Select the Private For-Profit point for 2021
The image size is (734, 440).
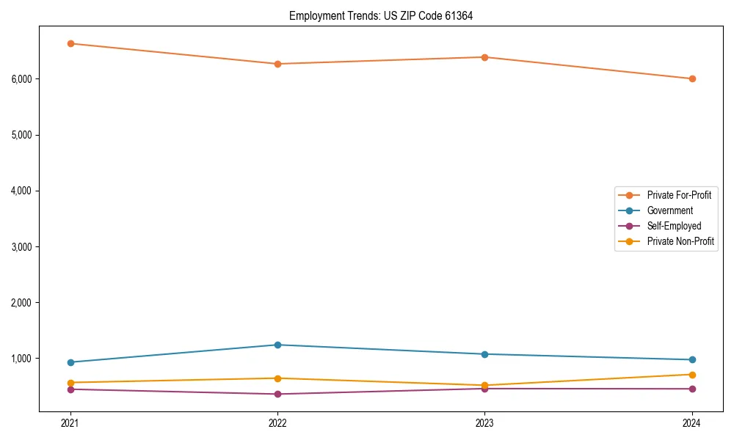70,43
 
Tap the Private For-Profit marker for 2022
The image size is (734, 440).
277,64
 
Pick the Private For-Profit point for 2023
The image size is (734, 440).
485,57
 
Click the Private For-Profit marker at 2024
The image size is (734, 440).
692,78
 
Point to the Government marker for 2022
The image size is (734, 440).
277,345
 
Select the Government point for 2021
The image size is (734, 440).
70,362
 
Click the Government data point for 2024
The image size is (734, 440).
692,359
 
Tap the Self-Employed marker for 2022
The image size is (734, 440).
277,394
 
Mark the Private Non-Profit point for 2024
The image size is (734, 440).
692,375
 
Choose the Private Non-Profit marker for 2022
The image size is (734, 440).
277,378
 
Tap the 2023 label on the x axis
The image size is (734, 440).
485,423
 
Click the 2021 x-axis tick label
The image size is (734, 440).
70,423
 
